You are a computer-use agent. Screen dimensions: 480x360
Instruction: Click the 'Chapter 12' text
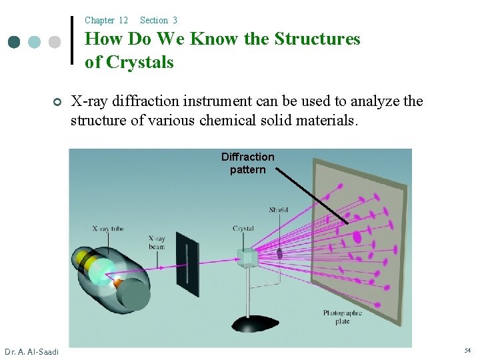pos(106,21)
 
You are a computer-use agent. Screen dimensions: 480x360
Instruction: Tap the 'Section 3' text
pos(159,21)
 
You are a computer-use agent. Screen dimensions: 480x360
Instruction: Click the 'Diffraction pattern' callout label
pos(248,163)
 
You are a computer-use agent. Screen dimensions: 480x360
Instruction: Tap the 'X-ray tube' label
pos(108,229)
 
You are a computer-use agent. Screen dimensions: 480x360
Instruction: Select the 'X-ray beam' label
pos(157,242)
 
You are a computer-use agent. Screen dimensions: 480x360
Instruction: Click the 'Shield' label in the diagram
pos(278,210)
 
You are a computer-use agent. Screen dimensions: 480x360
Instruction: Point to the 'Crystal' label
pos(243,228)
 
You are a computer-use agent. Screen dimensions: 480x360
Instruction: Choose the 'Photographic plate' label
pos(343,317)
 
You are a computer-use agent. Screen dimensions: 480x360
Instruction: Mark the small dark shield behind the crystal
pos(280,253)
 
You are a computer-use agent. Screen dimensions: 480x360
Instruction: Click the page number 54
pos(467,351)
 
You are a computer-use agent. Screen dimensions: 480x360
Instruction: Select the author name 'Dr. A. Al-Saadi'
pos(31,351)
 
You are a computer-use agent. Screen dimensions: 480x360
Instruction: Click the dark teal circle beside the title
pos(14,42)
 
